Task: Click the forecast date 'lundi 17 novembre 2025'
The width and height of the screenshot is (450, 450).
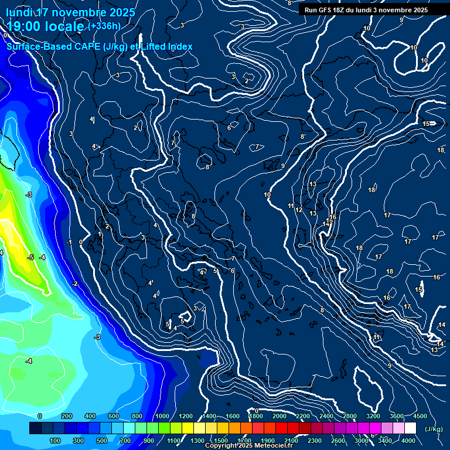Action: coord(70,12)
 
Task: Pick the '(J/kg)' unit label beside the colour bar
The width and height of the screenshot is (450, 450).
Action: coord(434,429)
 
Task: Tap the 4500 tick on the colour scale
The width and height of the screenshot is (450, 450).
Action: coord(420,416)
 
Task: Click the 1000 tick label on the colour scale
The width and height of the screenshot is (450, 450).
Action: coord(162,416)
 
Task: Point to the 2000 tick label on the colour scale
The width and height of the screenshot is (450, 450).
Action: coord(279,416)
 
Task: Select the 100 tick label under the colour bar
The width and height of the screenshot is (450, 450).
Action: coord(55,441)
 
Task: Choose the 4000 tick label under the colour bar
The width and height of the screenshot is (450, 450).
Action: coord(409,441)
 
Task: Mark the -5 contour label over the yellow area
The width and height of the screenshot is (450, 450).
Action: coord(30,257)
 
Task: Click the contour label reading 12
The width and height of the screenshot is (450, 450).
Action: coord(299,210)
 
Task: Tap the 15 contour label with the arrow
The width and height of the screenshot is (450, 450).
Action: coord(427,124)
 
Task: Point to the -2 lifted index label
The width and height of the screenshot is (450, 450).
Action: coord(74,284)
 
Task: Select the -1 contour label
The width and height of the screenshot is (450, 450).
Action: coord(69,242)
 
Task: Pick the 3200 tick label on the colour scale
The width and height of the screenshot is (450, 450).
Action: coord(373,416)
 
